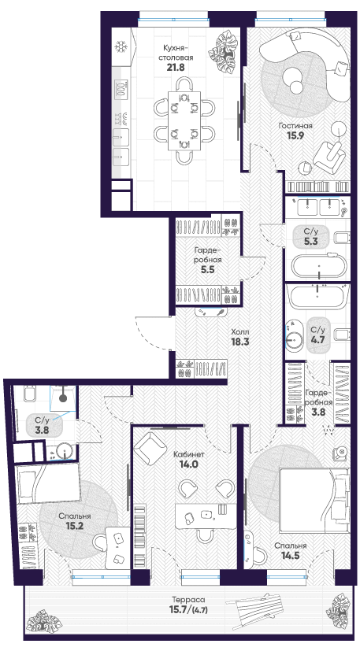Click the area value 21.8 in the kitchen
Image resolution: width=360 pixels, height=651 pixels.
(175, 68)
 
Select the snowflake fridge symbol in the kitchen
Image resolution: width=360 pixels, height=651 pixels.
(121, 47)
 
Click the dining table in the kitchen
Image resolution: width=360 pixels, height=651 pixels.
(184, 120)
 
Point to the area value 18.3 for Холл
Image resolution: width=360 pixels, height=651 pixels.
(239, 342)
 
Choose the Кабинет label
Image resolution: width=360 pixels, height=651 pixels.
(189, 455)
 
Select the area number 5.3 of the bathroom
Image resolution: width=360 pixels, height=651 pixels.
(310, 242)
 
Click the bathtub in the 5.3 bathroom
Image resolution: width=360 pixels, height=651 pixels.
(318, 267)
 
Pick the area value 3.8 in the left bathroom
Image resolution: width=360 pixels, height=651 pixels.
(42, 431)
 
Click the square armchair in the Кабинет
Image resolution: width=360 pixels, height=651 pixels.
(150, 447)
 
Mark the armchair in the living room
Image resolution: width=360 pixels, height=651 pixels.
(329, 156)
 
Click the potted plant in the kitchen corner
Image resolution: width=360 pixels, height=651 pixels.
(223, 54)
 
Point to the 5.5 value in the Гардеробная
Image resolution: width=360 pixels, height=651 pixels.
(207, 269)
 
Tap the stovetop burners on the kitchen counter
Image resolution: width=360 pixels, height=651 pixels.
(121, 89)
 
